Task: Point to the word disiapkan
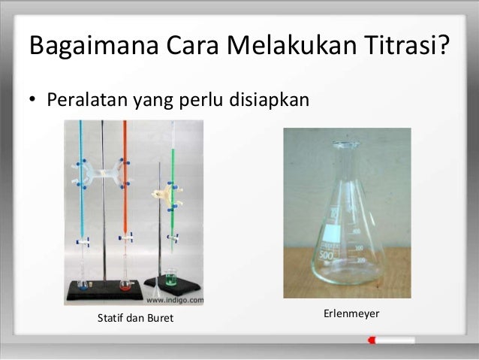coord(268,99)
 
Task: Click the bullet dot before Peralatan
coord(33,101)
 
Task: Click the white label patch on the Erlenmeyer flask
coord(329,244)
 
